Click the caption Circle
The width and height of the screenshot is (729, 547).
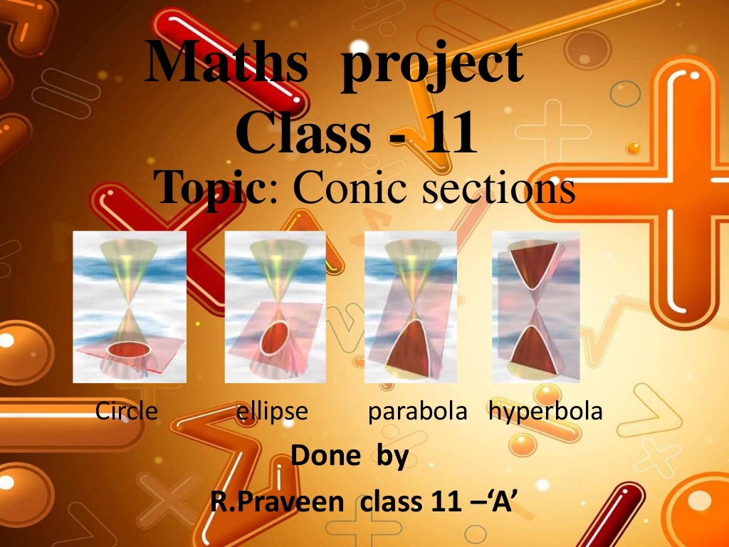(x=126, y=411)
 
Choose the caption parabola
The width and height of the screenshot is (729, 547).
(x=417, y=412)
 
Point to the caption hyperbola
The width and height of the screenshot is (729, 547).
(x=545, y=411)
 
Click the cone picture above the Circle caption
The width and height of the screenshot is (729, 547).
(x=130, y=307)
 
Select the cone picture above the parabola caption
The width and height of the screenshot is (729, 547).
(x=411, y=307)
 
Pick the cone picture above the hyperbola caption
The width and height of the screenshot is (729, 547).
(x=536, y=307)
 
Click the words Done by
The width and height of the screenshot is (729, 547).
(x=350, y=456)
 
